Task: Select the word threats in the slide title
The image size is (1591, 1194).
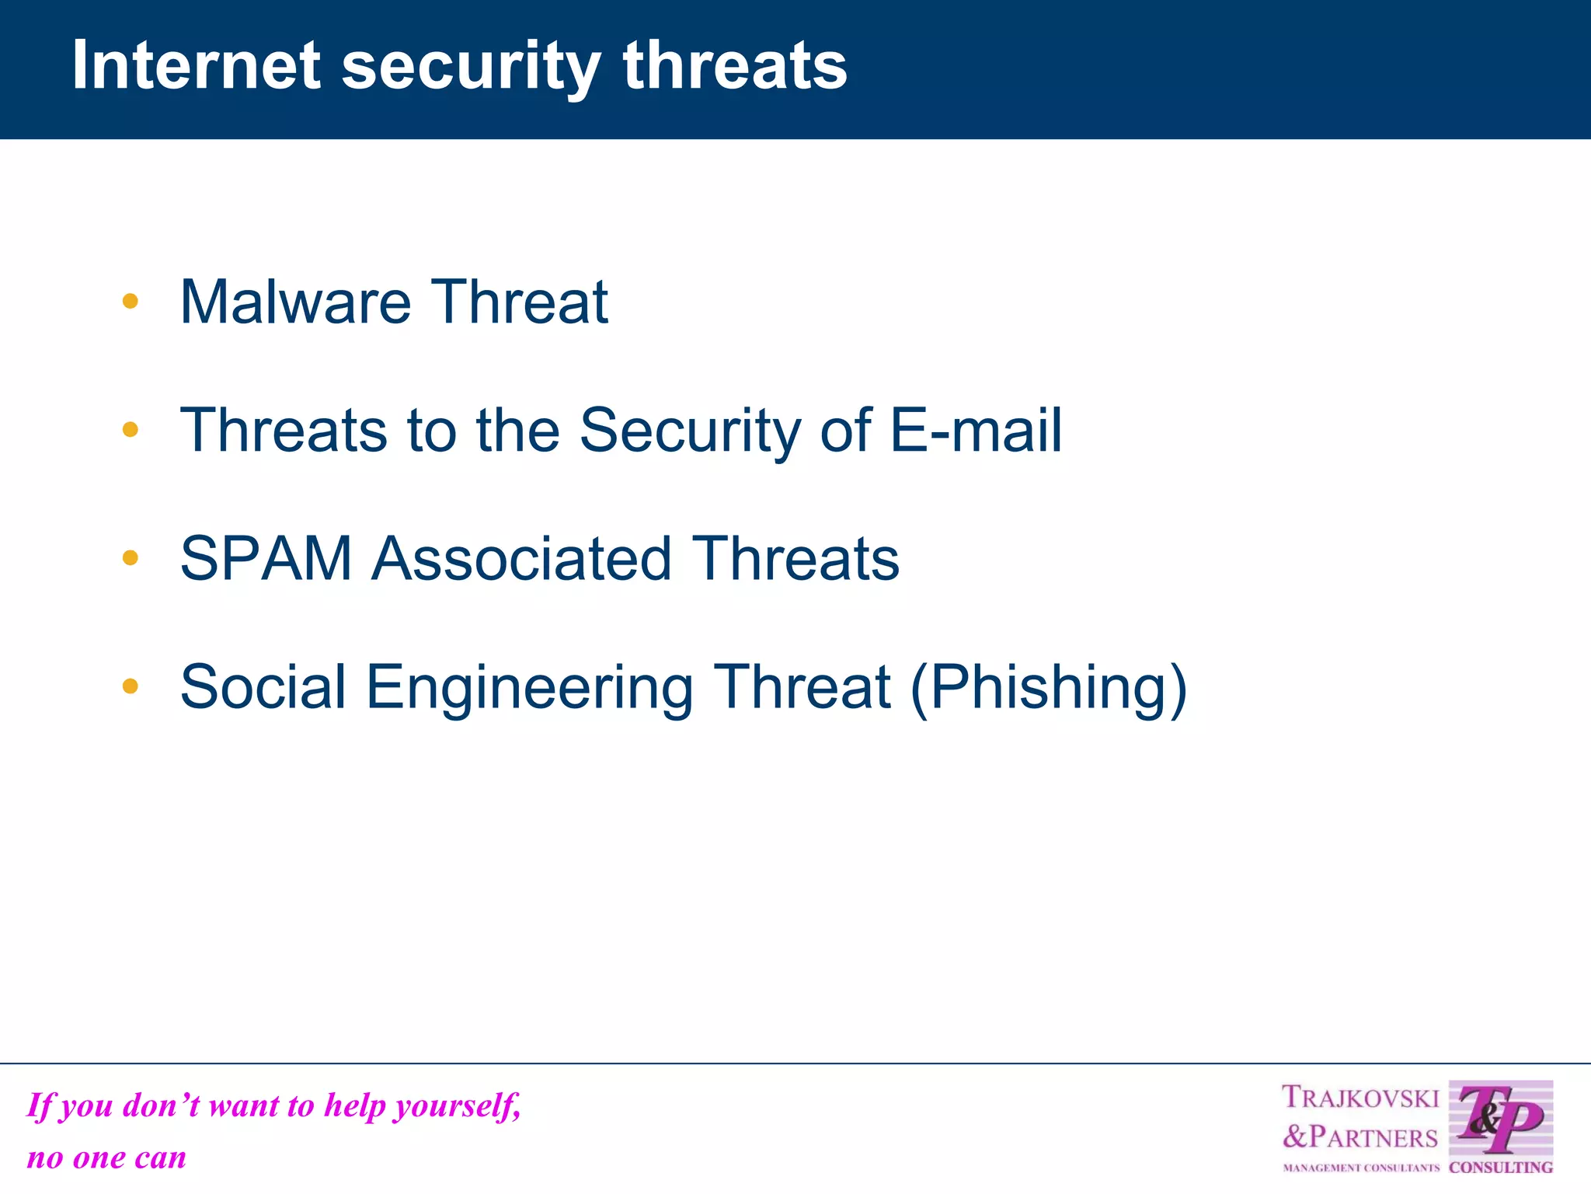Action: pos(734,65)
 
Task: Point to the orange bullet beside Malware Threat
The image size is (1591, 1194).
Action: pos(131,302)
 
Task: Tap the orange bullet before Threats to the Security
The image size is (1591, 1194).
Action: pos(131,430)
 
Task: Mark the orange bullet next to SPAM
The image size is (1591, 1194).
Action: pos(131,558)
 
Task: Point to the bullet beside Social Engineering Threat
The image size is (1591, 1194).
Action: pos(131,686)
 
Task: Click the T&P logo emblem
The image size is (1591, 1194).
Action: pos(1500,1119)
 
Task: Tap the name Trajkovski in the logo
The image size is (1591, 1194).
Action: pos(1359,1098)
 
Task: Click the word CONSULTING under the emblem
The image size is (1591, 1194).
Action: pos(1500,1167)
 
